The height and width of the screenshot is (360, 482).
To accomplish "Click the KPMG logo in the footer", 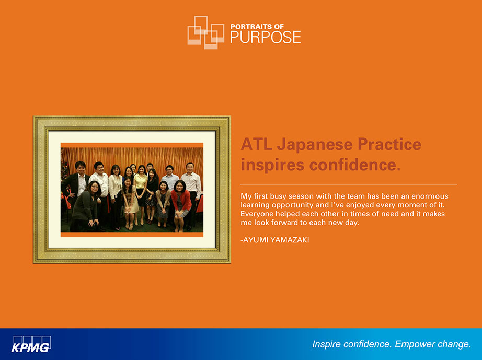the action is [31, 344].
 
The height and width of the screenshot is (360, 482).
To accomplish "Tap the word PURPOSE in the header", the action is [266, 37].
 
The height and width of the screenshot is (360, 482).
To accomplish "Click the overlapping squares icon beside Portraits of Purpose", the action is [205, 32].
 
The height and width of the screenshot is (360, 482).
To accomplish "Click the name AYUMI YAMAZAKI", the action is [276, 240].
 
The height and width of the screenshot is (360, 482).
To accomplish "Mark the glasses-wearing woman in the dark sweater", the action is [86, 206].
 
